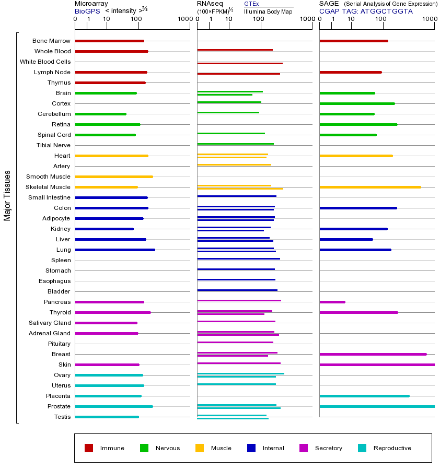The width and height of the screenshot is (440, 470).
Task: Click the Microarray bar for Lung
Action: pyautogui.click(x=115, y=250)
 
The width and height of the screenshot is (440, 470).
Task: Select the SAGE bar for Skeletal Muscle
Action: pyautogui.click(x=370, y=187)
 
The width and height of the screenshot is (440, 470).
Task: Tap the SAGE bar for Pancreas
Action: pyautogui.click(x=332, y=302)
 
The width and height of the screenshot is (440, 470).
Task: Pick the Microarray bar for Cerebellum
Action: pyautogui.click(x=101, y=114)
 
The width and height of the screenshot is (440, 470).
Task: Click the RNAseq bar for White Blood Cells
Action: pyautogui.click(x=240, y=63)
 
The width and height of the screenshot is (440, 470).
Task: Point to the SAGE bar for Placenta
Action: pyautogui.click(x=364, y=396)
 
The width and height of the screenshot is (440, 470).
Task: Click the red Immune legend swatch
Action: pyautogui.click(x=89, y=448)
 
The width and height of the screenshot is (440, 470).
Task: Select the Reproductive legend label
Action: pyautogui.click(x=392, y=448)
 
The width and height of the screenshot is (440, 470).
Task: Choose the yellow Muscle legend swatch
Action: pyautogui.click(x=200, y=448)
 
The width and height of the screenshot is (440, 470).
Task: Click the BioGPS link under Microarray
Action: pyautogui.click(x=87, y=11)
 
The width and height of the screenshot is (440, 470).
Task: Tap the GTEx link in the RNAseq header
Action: pyautogui.click(x=251, y=4)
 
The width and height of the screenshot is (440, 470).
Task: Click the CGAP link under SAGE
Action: pyautogui.click(x=329, y=11)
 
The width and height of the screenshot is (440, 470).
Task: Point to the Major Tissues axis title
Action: pyautogui.click(x=7, y=195)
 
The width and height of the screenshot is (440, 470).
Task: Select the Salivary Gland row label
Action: pyautogui.click(x=50, y=323)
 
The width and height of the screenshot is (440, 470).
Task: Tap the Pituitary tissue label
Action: pyautogui.click(x=59, y=344)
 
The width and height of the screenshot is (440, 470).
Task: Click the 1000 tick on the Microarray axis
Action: pyautogui.click(x=184, y=19)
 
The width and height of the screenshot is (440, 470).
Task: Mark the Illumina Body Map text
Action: pyautogui.click(x=268, y=11)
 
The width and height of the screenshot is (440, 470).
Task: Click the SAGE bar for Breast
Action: pyautogui.click(x=373, y=354)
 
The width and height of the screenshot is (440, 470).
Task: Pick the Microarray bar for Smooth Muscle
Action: pyautogui.click(x=114, y=177)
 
